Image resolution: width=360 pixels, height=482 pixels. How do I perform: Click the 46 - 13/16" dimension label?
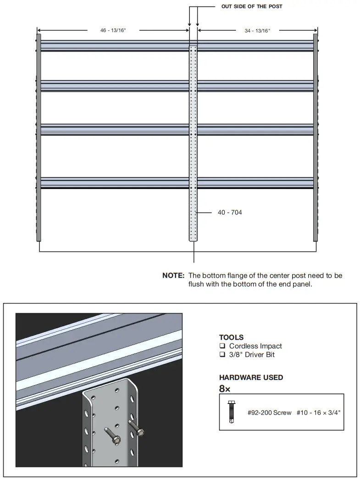pos(113,30)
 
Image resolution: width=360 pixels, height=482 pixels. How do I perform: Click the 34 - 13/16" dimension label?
pos(257,30)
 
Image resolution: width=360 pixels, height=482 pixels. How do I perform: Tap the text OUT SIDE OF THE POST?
pos(252,6)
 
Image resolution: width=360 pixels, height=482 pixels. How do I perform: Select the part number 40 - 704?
pos(230,213)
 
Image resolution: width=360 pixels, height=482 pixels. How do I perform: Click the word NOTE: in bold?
pos(173,275)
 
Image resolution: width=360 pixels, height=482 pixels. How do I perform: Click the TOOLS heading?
pos(231,337)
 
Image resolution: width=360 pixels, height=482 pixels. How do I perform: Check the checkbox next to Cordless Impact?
pos(222,346)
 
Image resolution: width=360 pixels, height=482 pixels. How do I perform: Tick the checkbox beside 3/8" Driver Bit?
pos(222,355)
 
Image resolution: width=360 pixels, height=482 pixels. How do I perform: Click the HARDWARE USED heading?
pos(251,377)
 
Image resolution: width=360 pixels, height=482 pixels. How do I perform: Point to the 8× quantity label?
pos(225,389)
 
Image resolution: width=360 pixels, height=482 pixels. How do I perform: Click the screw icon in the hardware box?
pos(231,412)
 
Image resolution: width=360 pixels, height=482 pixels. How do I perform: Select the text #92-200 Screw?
pos(269,413)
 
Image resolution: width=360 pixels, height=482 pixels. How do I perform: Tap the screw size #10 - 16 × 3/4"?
pos(319,413)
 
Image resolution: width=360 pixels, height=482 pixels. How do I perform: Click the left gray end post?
pos(39,138)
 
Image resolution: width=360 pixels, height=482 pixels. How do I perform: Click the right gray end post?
pos(316,138)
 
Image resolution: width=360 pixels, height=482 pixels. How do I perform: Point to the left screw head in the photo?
pos(117,440)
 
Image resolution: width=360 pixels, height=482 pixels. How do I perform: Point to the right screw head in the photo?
pos(140,432)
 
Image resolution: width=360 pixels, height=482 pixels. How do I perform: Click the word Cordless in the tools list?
pos(243,346)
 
